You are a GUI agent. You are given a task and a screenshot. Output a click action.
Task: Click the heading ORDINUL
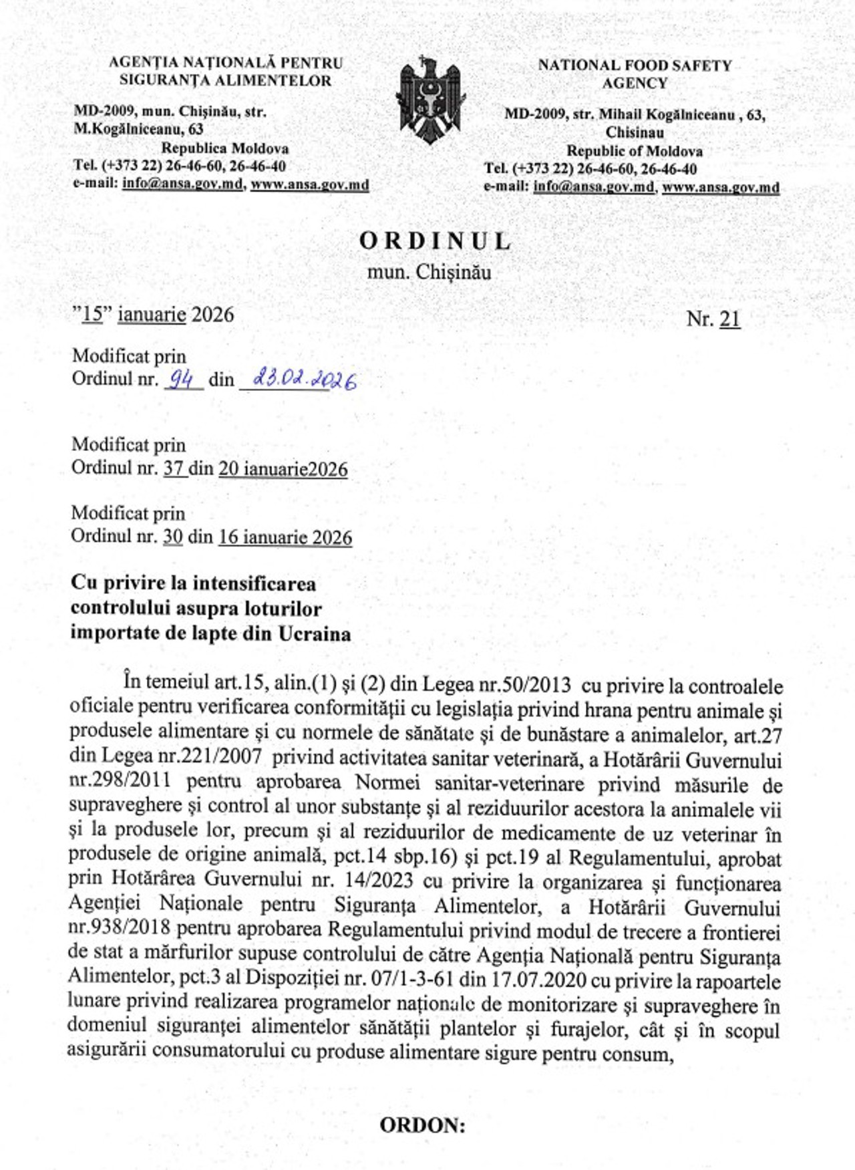pos(436,241)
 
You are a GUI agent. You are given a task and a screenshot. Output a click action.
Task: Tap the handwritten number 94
pos(180,380)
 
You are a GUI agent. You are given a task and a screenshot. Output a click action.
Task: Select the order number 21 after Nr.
pos(729,319)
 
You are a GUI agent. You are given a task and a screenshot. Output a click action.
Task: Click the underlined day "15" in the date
pos(92,314)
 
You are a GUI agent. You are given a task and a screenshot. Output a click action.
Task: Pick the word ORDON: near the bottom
pos(422,1125)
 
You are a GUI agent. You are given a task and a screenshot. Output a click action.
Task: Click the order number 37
pos(174,469)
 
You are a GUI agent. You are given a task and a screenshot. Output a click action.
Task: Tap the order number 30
pos(173,537)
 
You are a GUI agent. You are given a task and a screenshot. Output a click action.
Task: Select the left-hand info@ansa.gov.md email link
pos(182,184)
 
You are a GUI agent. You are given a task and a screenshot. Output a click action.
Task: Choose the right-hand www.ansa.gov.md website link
pos(720,187)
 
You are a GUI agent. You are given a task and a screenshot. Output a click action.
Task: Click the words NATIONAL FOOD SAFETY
pos(635,65)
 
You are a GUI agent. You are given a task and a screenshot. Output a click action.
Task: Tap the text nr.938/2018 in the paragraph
pos(118,929)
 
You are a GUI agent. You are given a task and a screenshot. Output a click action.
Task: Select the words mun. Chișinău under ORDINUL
pos(429,273)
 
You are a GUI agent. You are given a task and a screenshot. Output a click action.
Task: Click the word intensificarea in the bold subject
pos(254,583)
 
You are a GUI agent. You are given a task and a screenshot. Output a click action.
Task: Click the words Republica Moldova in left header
pos(225,148)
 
